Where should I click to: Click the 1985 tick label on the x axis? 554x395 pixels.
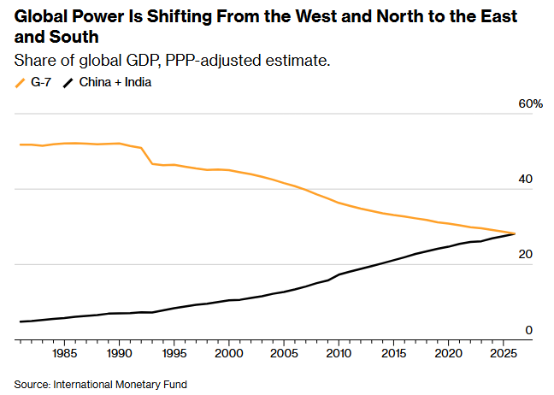click(64, 353)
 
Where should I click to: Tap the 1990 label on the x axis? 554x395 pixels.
click(119, 353)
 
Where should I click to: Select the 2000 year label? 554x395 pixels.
click(228, 353)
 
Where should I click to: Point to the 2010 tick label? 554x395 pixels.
click(339, 353)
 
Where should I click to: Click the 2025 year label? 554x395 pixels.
click(503, 353)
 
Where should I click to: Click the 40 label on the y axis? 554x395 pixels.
click(526, 180)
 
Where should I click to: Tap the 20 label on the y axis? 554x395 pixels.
click(526, 255)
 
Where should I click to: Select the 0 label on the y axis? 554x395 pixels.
click(529, 330)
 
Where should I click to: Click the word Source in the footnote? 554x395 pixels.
click(32, 384)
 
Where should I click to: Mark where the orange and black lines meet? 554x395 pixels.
click(514, 233)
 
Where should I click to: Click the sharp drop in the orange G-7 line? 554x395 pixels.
click(147, 156)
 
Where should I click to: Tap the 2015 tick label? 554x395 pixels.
click(393, 353)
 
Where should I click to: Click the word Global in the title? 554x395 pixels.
click(39, 16)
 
